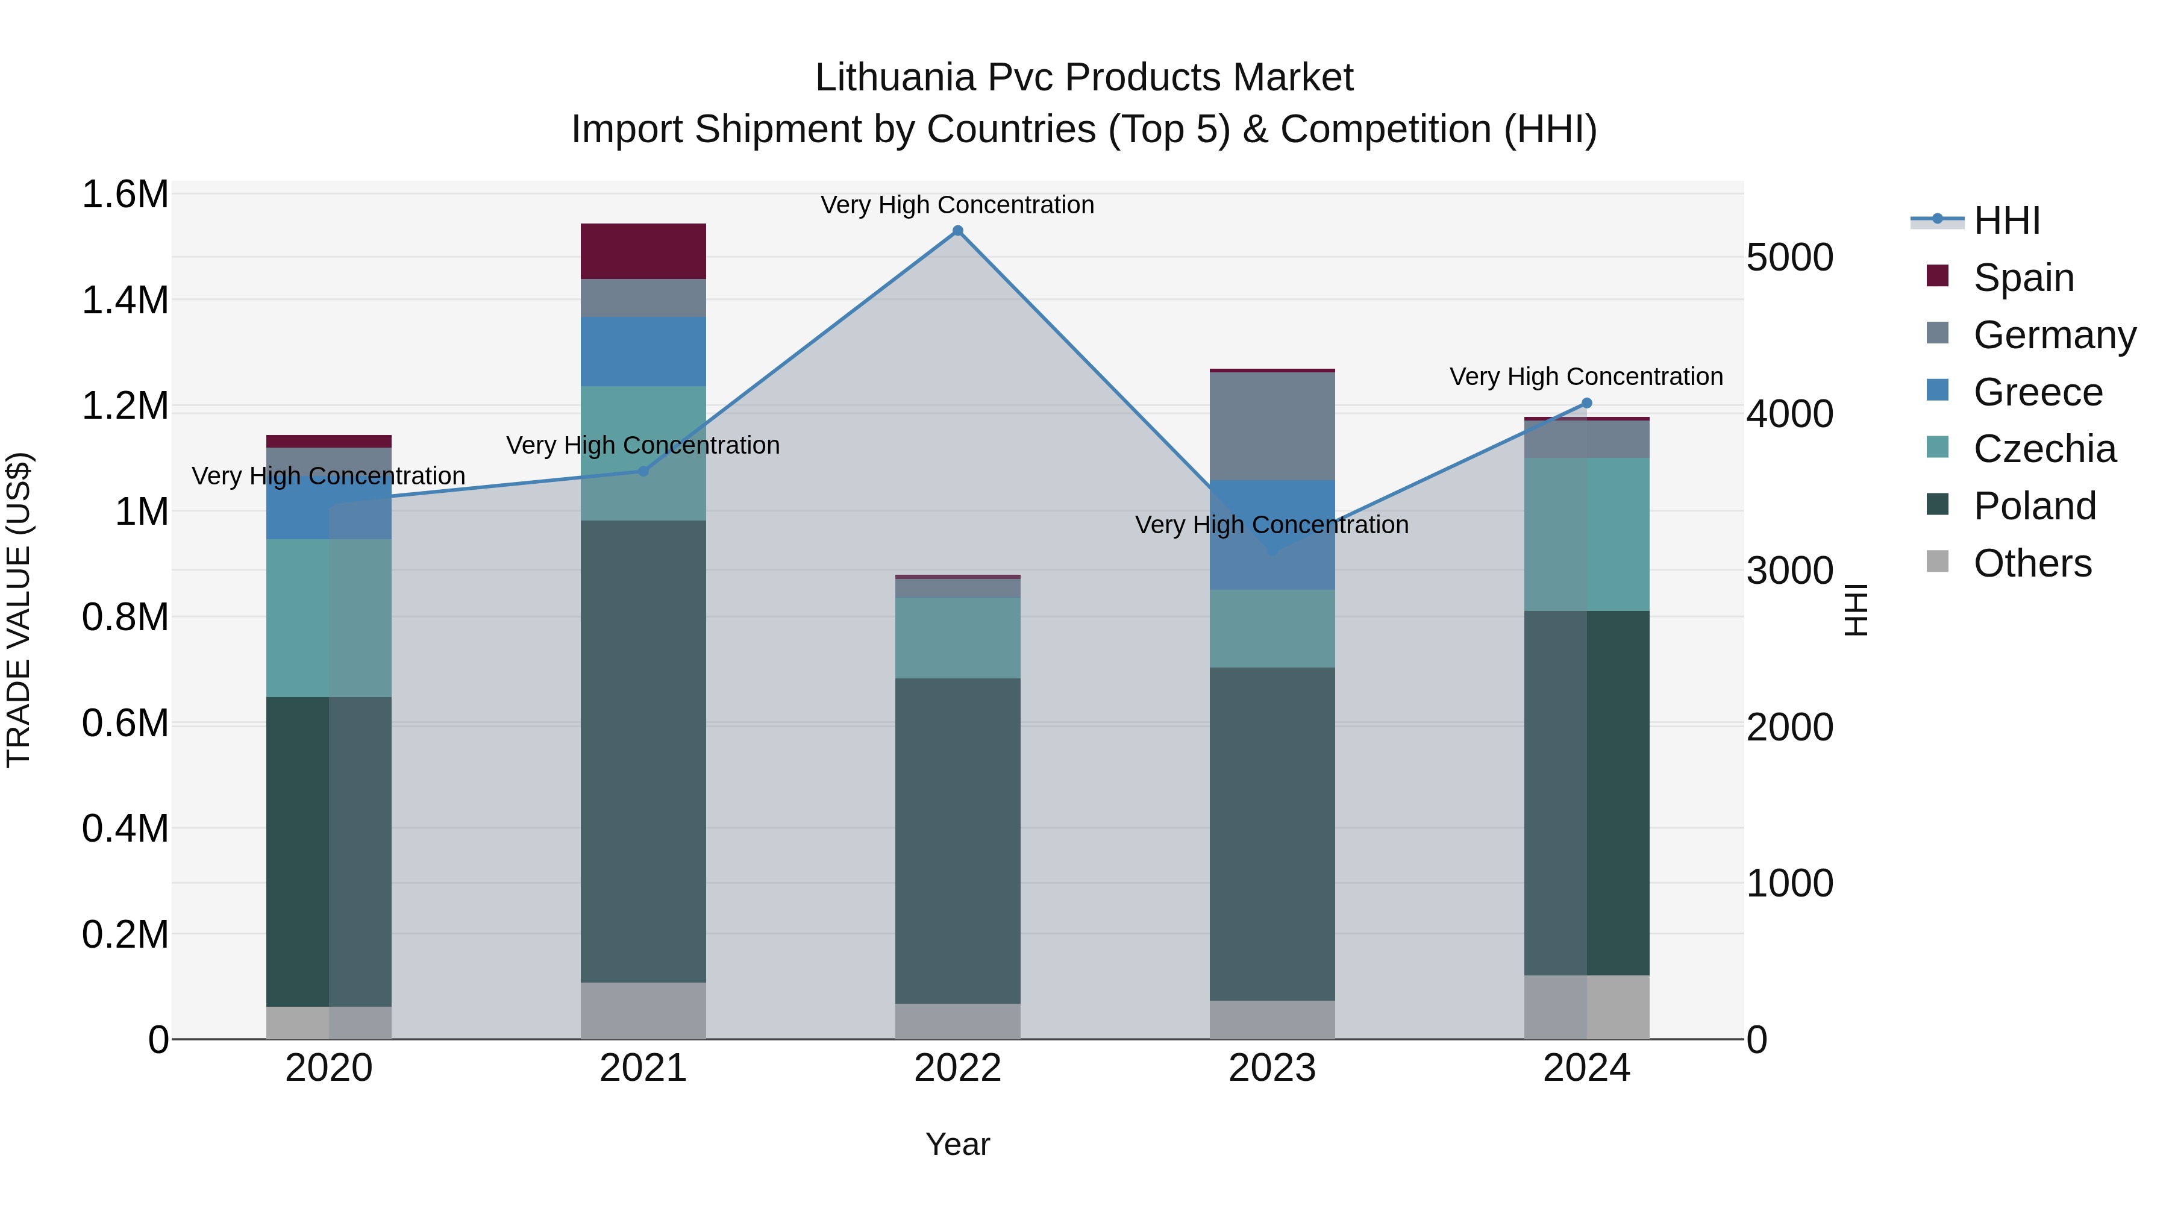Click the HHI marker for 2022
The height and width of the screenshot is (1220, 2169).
(x=957, y=231)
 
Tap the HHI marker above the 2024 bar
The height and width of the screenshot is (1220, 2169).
(x=1587, y=403)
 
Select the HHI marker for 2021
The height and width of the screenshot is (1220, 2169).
(x=643, y=472)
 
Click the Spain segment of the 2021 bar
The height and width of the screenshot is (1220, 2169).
(x=643, y=251)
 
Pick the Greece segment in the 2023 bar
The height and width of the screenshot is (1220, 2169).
(x=1272, y=534)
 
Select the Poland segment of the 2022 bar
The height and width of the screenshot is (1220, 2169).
(x=957, y=840)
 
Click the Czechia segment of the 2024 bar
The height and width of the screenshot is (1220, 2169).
(x=1587, y=534)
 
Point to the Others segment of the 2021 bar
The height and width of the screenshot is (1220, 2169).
(x=643, y=1010)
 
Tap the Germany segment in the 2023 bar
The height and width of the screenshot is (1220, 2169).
(x=1272, y=426)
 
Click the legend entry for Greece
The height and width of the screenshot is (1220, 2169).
(x=2038, y=392)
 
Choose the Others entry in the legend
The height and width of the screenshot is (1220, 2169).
(x=2032, y=563)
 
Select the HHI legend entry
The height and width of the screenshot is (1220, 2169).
(x=2006, y=221)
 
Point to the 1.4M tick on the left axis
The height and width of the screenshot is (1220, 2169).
(x=125, y=301)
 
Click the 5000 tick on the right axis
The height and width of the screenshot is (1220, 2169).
(x=1789, y=258)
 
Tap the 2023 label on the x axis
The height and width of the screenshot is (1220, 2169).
(x=1272, y=1068)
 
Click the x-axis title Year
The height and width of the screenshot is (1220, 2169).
(x=957, y=1144)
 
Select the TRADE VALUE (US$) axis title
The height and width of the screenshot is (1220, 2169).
(x=19, y=610)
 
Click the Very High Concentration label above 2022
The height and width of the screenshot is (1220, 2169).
(x=957, y=205)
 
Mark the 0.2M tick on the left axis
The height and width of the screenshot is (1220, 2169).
(x=125, y=934)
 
